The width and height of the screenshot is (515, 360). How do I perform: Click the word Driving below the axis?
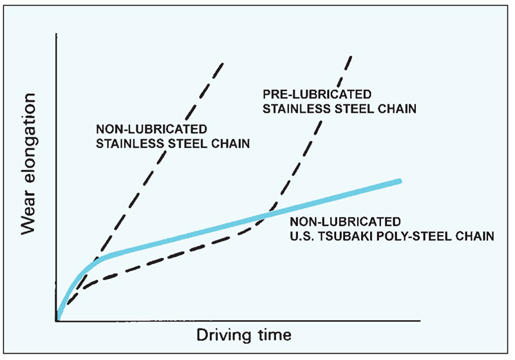click(x=220, y=336)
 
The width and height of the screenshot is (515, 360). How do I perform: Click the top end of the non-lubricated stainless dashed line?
click(x=223, y=62)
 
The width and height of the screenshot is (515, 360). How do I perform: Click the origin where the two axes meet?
click(x=57, y=320)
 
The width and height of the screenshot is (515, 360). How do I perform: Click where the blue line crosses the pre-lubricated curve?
click(x=265, y=216)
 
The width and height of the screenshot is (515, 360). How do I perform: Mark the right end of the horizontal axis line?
click(x=420, y=320)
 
